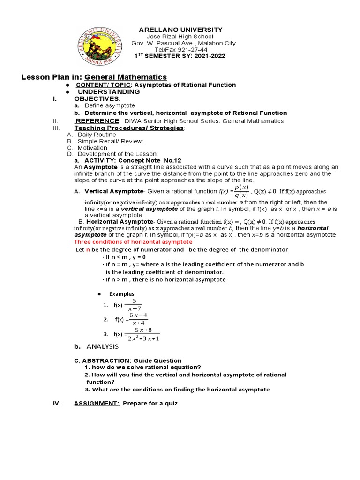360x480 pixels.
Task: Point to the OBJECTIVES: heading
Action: [x=97, y=98]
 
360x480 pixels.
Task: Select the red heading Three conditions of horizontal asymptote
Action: [x=133, y=242]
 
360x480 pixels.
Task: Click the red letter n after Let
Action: [x=87, y=250]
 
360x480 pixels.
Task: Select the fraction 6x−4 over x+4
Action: [x=139, y=319]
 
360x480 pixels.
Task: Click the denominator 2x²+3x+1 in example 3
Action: [x=144, y=338]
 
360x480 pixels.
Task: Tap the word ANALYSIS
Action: [x=102, y=346]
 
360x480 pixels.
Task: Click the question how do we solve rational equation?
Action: [x=143, y=367]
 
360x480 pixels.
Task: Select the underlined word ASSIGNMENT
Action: [x=97, y=403]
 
